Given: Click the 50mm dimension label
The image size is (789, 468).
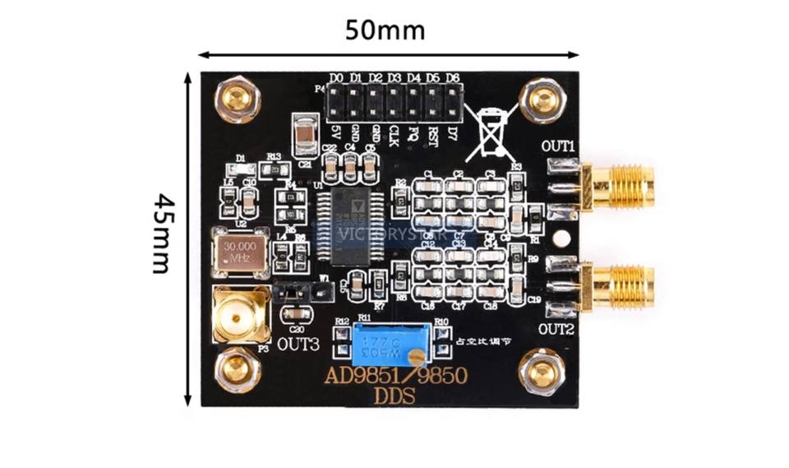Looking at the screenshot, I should [385, 30].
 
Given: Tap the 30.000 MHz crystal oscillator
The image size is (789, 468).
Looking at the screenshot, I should [240, 251].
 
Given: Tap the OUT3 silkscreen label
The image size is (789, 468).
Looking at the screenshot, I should [298, 343].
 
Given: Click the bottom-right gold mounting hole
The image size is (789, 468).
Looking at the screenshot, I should [542, 370].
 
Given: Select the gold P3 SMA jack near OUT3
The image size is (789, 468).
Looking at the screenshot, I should [240, 315].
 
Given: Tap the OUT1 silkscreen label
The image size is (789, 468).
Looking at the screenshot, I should [557, 146].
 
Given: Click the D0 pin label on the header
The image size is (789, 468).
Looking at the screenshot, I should [335, 78].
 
